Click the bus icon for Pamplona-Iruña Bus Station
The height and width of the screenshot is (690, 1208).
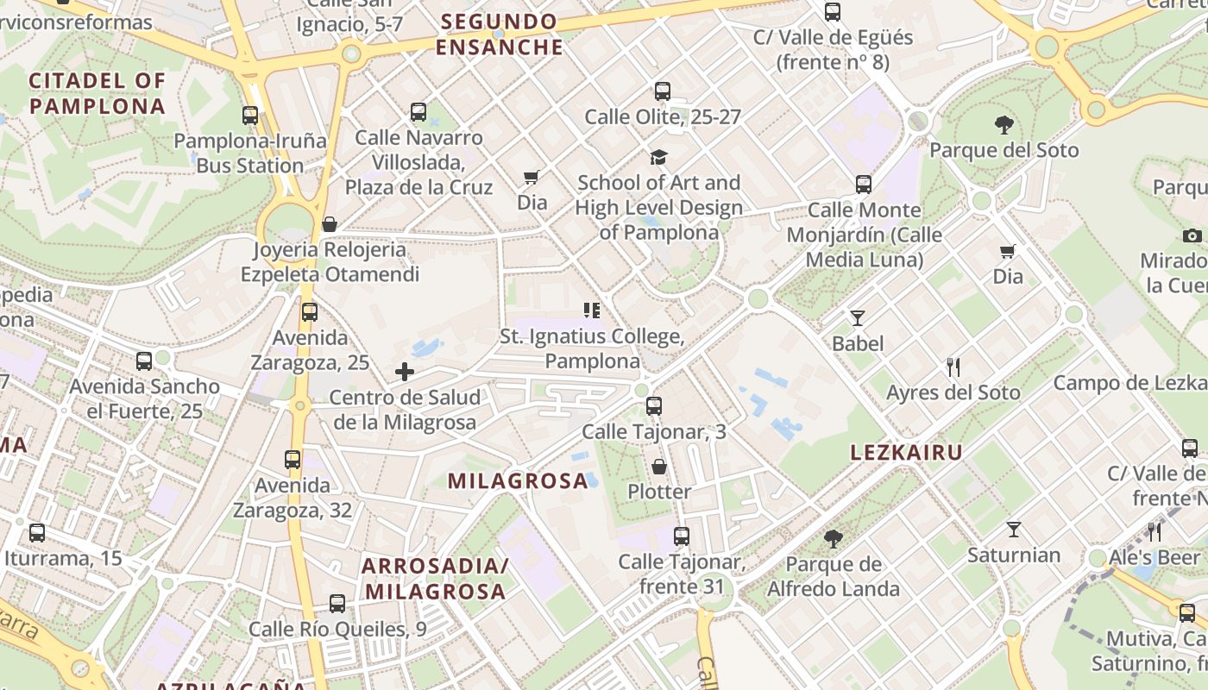pos(250,115)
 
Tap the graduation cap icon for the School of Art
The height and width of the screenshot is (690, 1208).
pos(658,157)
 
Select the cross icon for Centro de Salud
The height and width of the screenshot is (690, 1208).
pos(405,372)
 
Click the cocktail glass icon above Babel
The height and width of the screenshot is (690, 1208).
pos(858,318)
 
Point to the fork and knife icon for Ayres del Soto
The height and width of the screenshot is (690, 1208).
pos(953,367)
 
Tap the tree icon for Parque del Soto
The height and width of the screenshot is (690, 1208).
pos(1004,125)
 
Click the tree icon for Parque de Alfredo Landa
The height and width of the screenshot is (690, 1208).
pos(833,539)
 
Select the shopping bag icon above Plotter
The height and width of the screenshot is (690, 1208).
pos(659,467)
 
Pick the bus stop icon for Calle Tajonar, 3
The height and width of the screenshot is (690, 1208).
pos(654,405)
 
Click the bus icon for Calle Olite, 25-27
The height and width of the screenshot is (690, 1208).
pos(663,91)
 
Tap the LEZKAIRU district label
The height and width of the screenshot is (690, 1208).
pos(906,453)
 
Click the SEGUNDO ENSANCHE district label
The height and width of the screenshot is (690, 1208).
pos(499,34)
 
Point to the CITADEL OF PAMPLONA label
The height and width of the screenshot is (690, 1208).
pos(97,93)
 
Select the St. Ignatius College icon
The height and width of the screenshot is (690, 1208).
pos(591,310)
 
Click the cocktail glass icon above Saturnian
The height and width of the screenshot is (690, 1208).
pos(1014,530)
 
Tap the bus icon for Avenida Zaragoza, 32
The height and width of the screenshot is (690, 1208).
pos(293,460)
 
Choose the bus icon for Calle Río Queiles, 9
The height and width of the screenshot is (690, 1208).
pos(337,604)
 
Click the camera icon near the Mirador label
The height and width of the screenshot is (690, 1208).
pos(1192,235)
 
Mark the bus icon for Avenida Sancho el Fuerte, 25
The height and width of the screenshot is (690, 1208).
pos(144,361)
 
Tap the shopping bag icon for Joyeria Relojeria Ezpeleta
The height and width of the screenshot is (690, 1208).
pos(329,224)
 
